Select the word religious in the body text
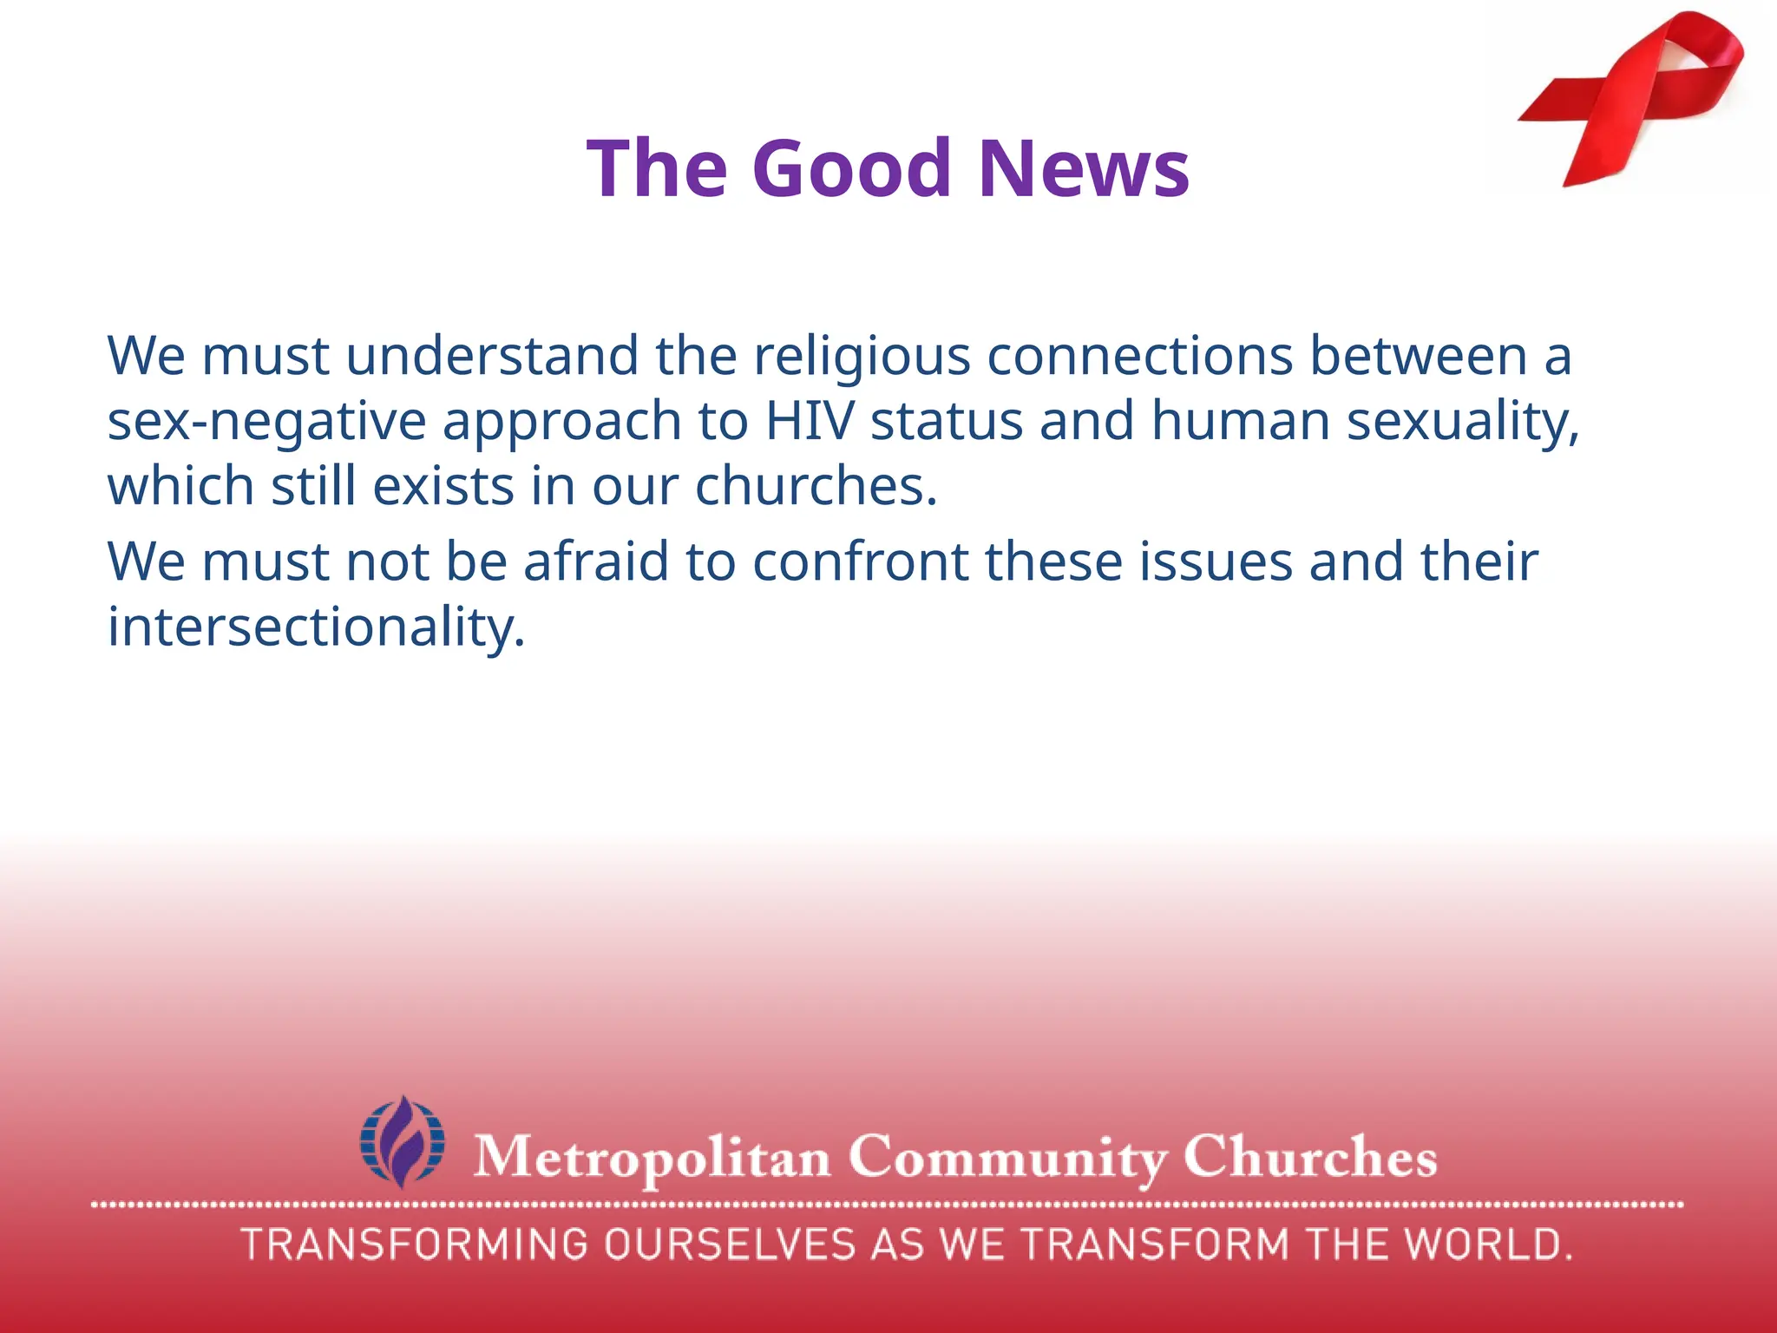tap(862, 357)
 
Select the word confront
tap(860, 561)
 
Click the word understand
tap(492, 357)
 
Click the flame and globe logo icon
tap(403, 1141)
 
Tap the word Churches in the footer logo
tap(1309, 1157)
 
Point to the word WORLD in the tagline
tap(1487, 1244)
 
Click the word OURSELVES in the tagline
tap(730, 1244)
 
